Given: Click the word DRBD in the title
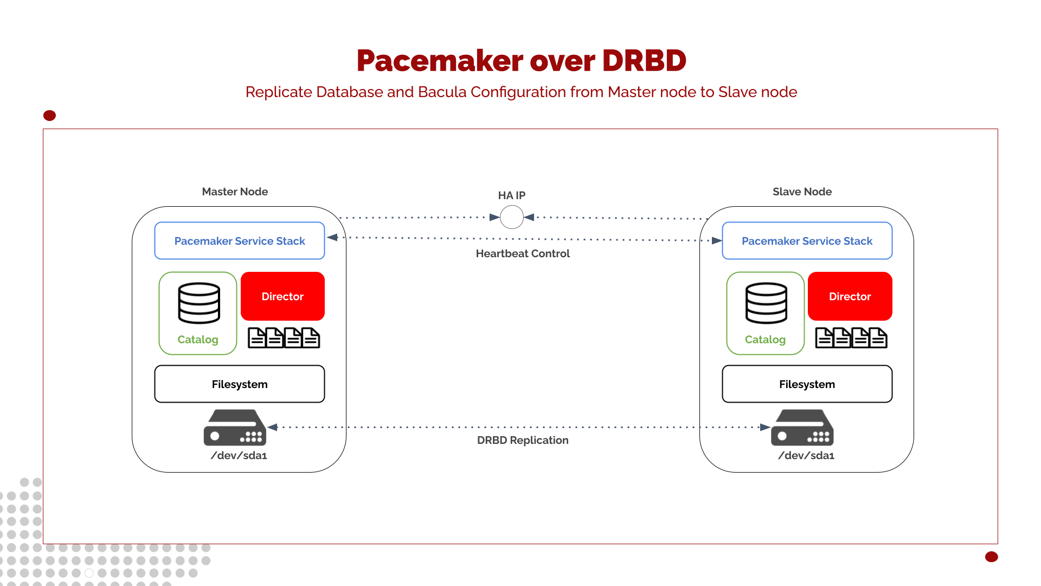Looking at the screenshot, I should pyautogui.click(x=644, y=60).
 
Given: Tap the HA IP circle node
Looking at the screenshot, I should pyautogui.click(x=511, y=217).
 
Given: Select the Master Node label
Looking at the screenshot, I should pyautogui.click(x=235, y=192).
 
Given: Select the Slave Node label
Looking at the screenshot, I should pyautogui.click(x=802, y=192).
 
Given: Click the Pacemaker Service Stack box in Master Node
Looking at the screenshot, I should pyautogui.click(x=239, y=241).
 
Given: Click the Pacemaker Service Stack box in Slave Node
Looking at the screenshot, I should pyautogui.click(x=807, y=241).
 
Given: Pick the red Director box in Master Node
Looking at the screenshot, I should pyautogui.click(x=282, y=296).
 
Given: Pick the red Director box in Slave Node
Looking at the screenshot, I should pyautogui.click(x=850, y=296).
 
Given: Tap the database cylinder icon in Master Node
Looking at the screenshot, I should pyautogui.click(x=199, y=303).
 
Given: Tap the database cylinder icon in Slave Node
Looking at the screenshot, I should pyautogui.click(x=766, y=303).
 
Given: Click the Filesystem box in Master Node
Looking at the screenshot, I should pyautogui.click(x=239, y=384).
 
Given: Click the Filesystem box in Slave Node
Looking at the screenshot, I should pyautogui.click(x=807, y=384).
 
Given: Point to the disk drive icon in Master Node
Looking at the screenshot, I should pyautogui.click(x=235, y=428).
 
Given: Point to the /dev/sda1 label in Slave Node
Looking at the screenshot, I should pyautogui.click(x=806, y=456).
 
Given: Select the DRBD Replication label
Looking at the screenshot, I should pyautogui.click(x=523, y=440).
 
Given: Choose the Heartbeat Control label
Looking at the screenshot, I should pyautogui.click(x=523, y=253).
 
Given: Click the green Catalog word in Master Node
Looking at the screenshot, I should pyautogui.click(x=198, y=340).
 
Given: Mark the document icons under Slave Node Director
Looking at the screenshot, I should pyautogui.click(x=851, y=338).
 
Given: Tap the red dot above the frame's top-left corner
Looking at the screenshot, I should pyautogui.click(x=49, y=116).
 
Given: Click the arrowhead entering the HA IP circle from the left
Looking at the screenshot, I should pyautogui.click(x=494, y=217).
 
